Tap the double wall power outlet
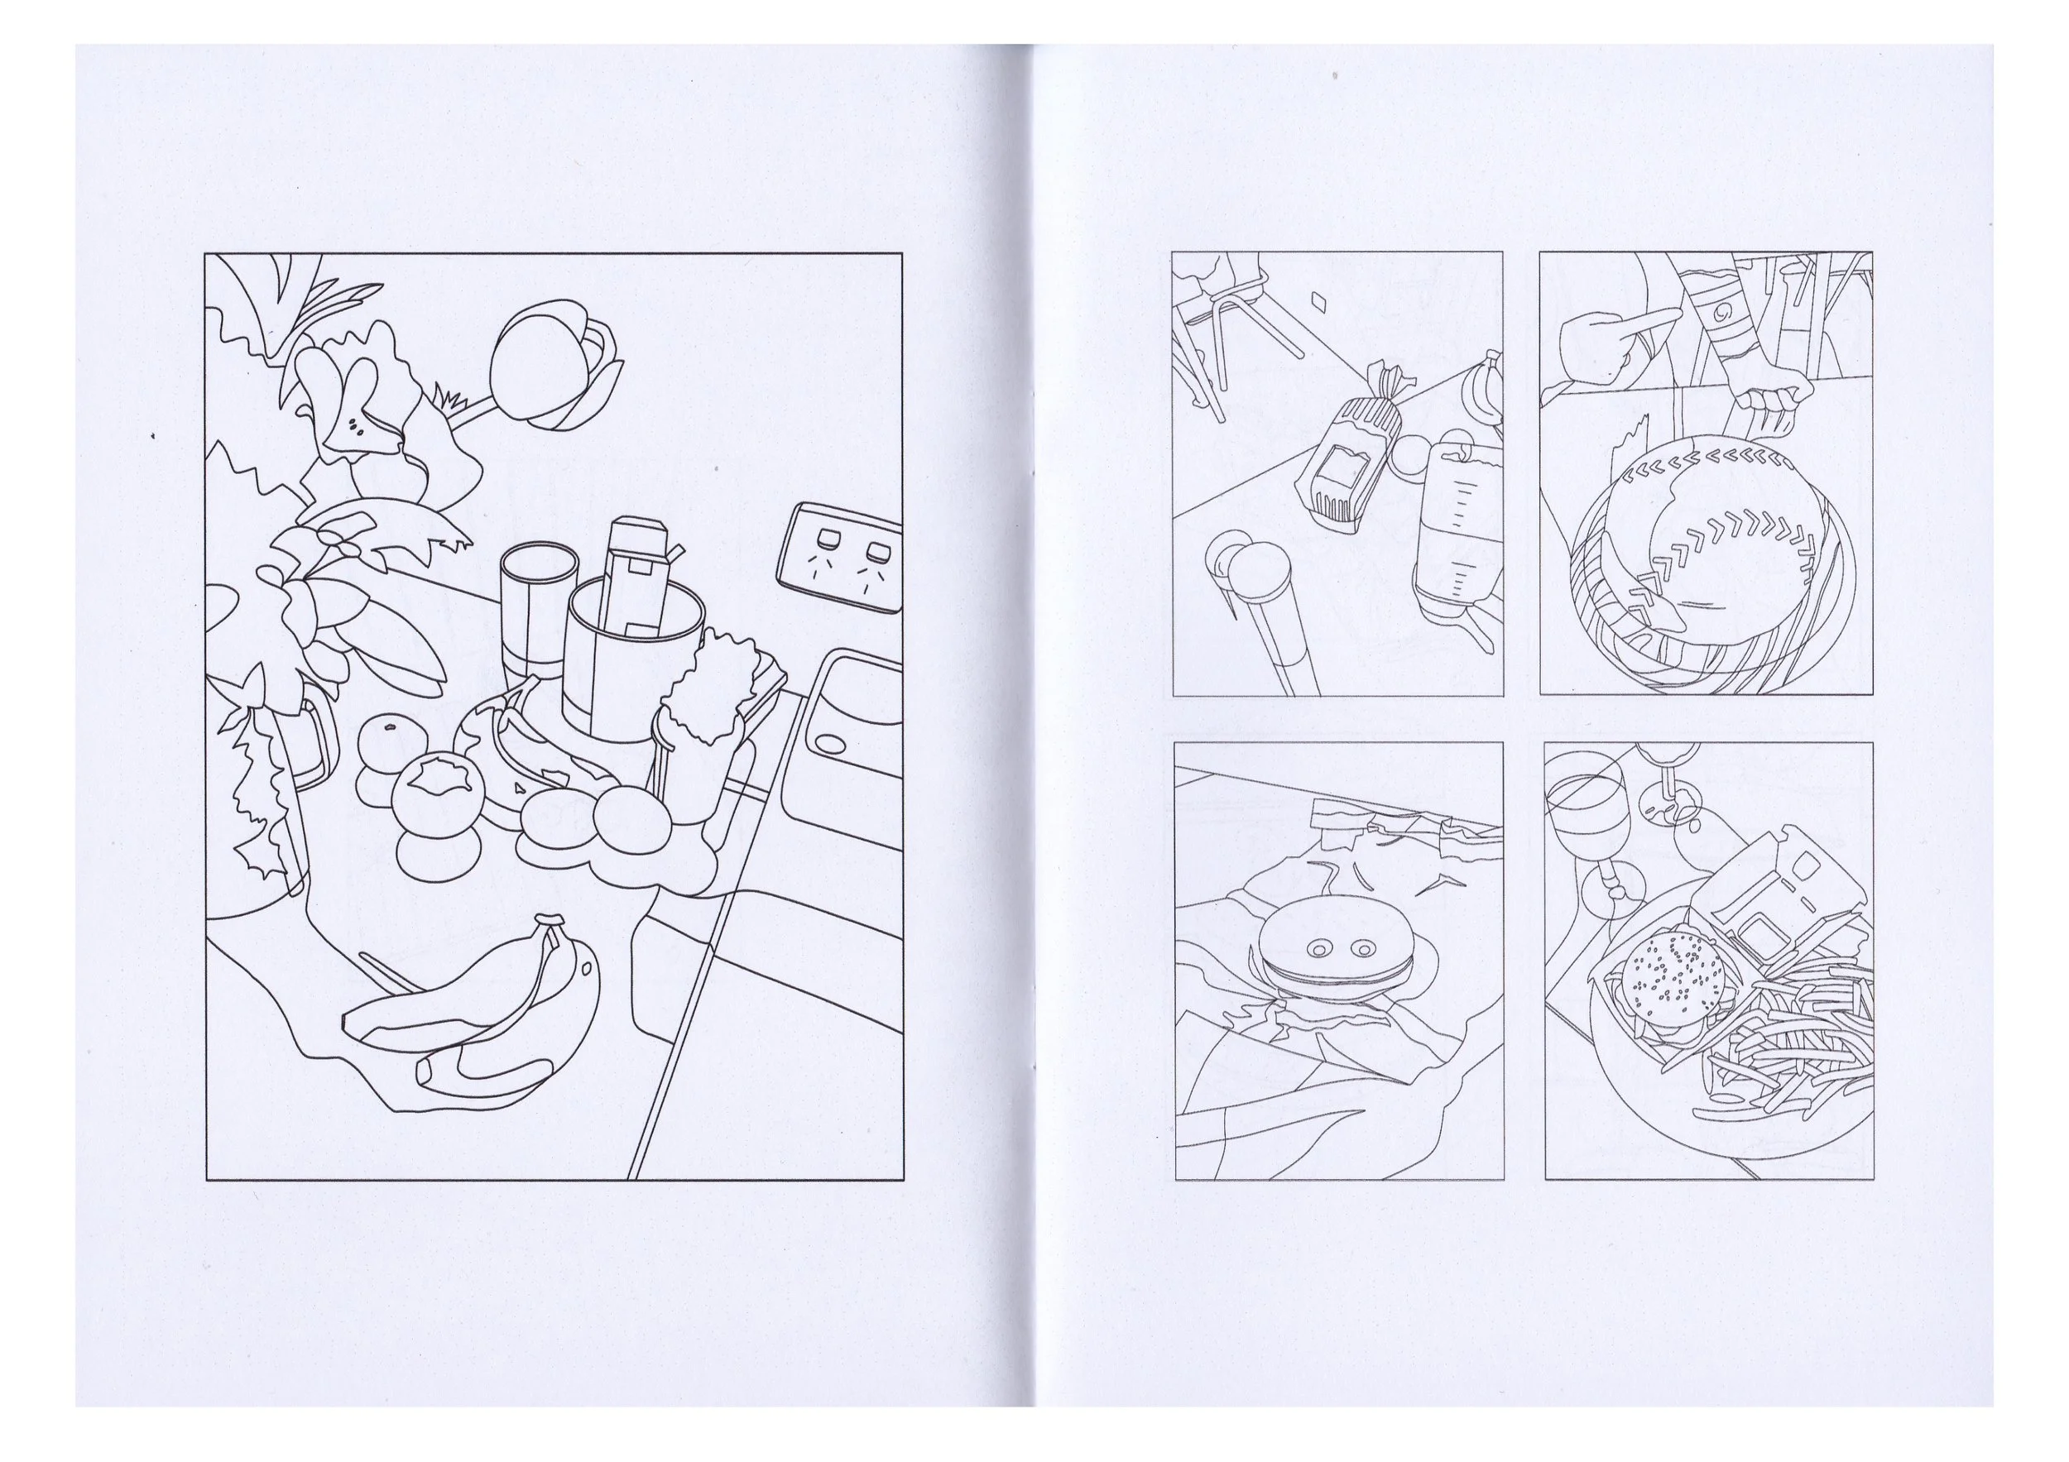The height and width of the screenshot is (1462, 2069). click(842, 557)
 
